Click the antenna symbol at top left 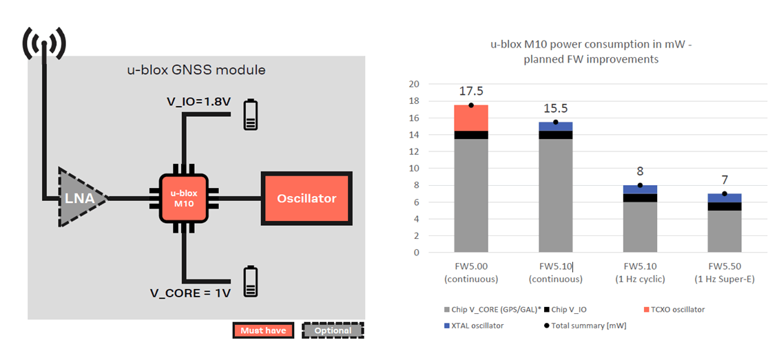pos(45,43)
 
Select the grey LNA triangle pos(81,198)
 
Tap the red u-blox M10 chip pos(183,198)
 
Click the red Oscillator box pos(307,198)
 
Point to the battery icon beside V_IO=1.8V pos(251,115)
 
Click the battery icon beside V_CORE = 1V pos(251,282)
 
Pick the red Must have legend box pos(263,330)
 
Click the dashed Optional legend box pos(333,330)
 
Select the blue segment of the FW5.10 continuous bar pos(555,126)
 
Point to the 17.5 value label pos(471,91)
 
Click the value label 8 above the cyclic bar pos(640,171)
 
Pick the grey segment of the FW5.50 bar pos(724,231)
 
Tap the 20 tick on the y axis pos(413,84)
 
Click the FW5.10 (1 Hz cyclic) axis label pos(640,273)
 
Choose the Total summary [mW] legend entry pos(582,326)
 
